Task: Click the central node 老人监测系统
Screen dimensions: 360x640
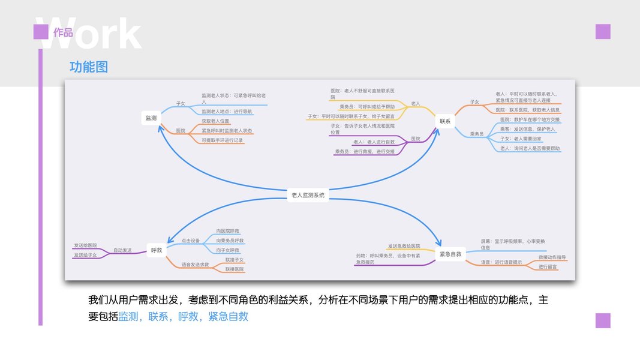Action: (x=308, y=195)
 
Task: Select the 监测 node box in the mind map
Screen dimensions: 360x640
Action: (x=151, y=118)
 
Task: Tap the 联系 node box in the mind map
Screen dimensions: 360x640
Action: (x=444, y=121)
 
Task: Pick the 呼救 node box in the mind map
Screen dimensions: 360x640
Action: (x=157, y=250)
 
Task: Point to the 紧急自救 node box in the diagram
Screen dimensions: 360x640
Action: (x=450, y=254)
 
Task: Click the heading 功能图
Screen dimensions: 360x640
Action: (x=89, y=67)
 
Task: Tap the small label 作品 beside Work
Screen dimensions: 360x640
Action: (x=63, y=32)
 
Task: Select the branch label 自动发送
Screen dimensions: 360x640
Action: (x=122, y=250)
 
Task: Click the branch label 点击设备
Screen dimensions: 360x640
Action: (x=191, y=240)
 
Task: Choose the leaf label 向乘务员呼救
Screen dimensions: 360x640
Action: (x=230, y=240)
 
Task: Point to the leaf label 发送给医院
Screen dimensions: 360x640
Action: (x=85, y=245)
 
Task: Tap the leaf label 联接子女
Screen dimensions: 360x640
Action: (x=235, y=259)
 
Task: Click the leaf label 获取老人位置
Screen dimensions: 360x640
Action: (x=215, y=121)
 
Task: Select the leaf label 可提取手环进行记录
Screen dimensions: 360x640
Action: (x=222, y=140)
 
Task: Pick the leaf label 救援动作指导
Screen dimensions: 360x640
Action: (x=552, y=257)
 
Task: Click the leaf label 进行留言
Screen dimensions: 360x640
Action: (x=547, y=266)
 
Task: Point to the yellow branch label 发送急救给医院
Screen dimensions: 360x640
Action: (x=408, y=246)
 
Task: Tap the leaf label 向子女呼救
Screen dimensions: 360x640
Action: (x=228, y=250)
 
